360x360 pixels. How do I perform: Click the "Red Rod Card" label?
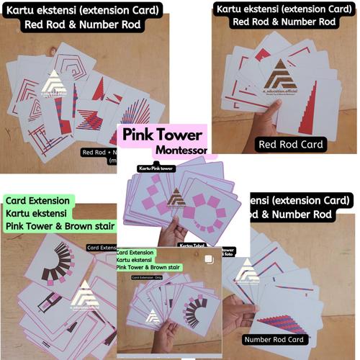click(x=293, y=144)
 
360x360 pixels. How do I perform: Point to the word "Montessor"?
click(x=181, y=151)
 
